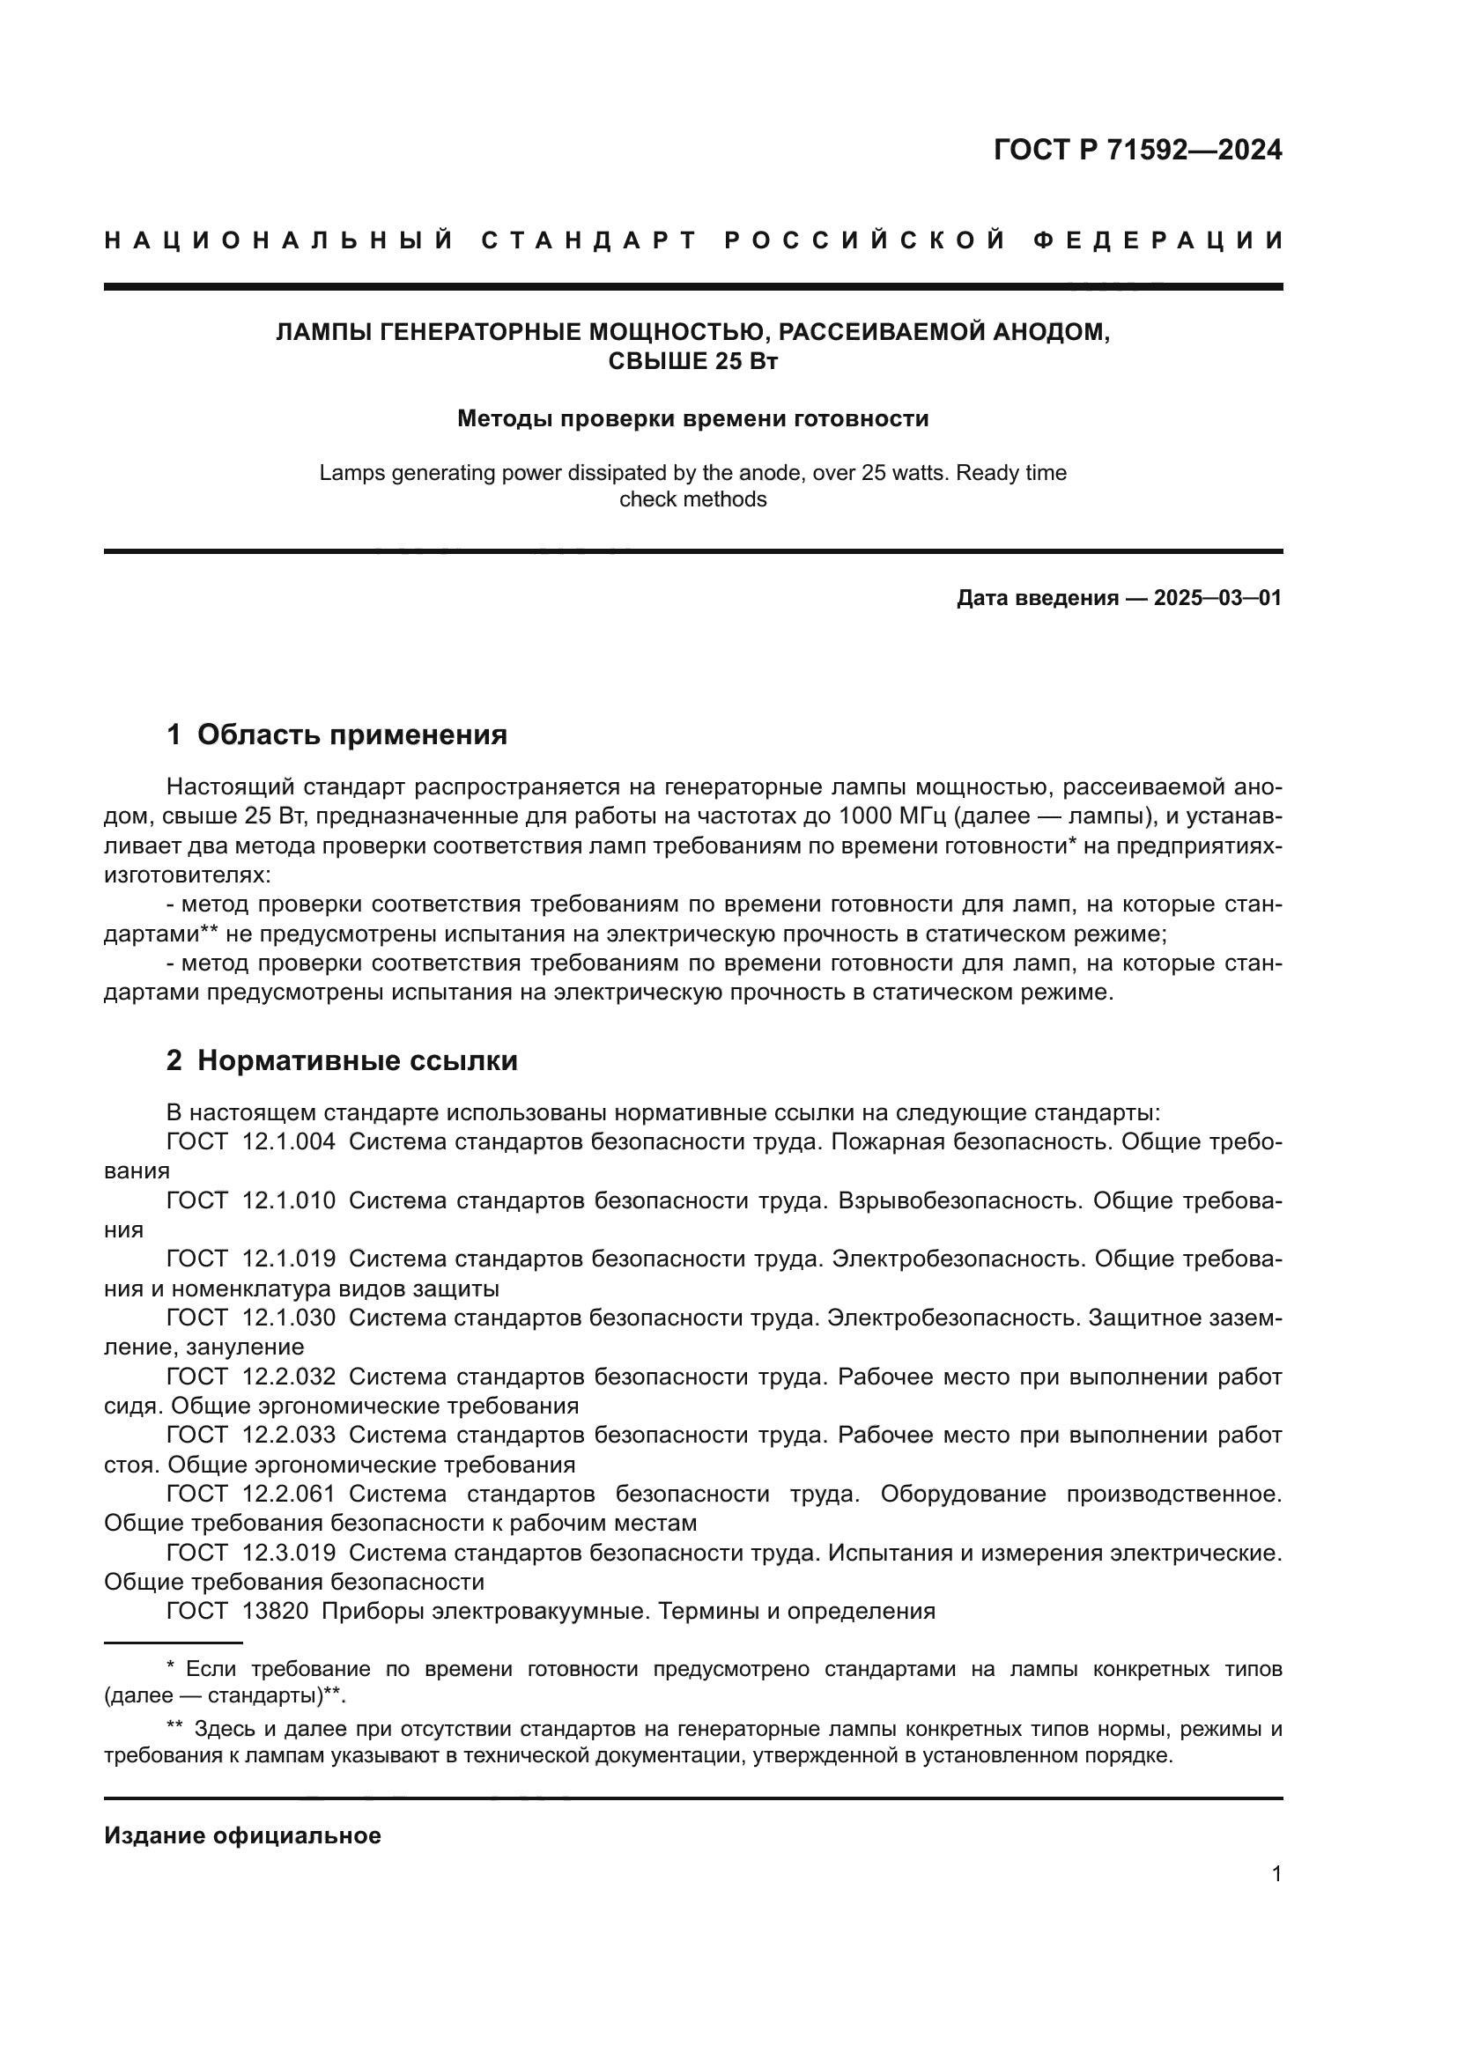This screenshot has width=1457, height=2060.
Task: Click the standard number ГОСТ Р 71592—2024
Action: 1136,150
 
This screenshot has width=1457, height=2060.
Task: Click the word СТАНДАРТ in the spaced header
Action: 588,240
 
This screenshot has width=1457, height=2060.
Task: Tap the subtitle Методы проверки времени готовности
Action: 692,418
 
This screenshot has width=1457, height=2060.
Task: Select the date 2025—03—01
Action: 1217,597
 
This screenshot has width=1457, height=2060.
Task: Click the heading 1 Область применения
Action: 337,735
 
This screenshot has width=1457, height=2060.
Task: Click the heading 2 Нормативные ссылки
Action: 342,1060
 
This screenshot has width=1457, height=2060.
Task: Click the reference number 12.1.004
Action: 289,1142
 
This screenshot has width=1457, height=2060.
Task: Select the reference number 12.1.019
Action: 289,1259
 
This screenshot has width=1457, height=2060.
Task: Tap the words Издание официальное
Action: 242,1835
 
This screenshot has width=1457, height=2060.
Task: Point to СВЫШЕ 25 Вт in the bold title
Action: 692,362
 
